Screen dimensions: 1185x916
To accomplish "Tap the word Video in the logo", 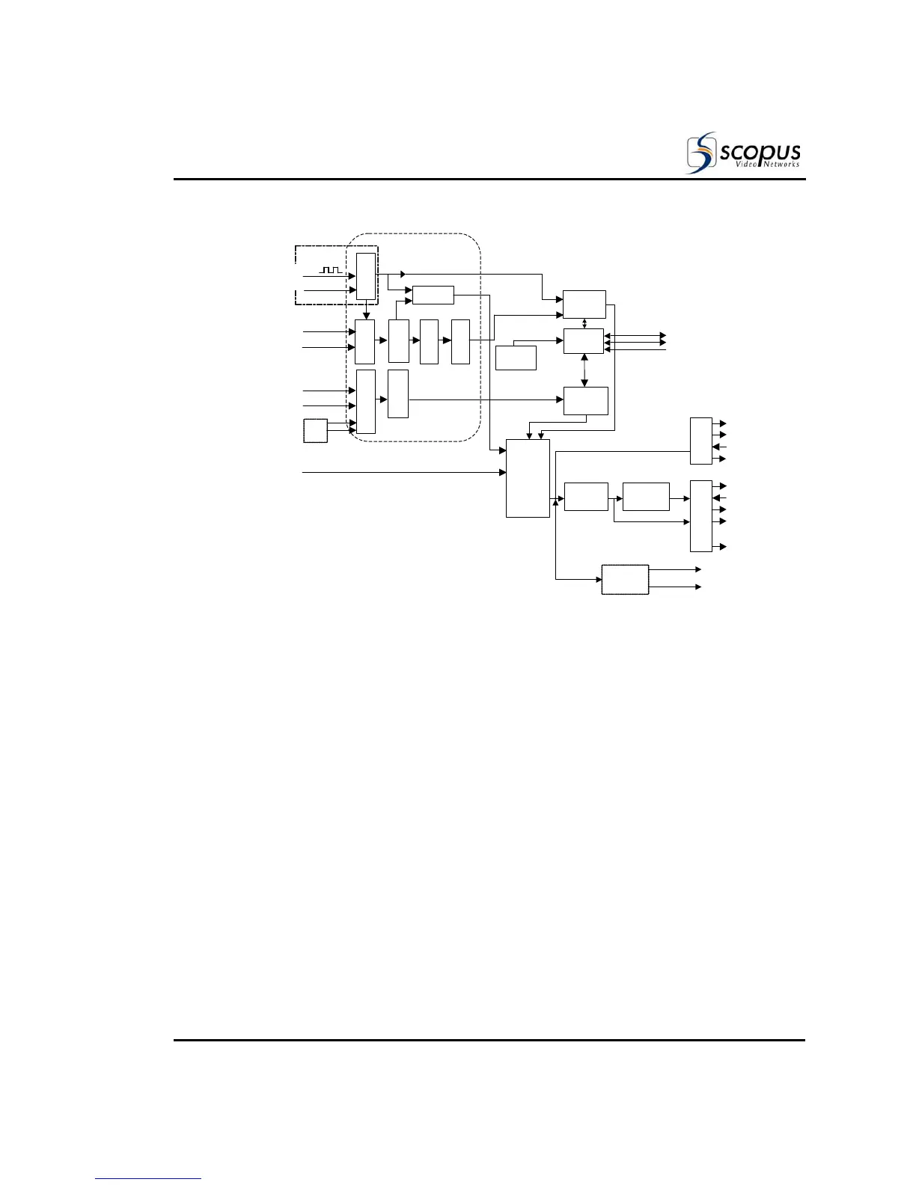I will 737,165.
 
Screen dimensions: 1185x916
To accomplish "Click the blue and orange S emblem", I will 701,153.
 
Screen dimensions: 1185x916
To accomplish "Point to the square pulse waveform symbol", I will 330,269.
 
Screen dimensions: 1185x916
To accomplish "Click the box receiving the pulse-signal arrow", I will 366,276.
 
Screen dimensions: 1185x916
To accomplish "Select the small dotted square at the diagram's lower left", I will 315,431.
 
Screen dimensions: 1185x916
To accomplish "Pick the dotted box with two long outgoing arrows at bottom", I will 625,580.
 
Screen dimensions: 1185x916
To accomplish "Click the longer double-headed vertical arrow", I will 584,370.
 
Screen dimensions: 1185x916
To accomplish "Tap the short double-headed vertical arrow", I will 584,323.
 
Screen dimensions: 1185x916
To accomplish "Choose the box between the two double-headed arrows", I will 583,341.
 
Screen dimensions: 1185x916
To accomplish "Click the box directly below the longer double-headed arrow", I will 585,401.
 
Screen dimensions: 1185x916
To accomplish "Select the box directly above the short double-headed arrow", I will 584,304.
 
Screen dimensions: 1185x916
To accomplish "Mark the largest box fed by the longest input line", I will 528,478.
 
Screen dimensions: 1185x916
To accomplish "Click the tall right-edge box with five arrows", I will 700,515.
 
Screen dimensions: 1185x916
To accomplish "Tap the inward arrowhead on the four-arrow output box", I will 717,447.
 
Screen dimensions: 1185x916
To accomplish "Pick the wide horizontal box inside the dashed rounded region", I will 433,295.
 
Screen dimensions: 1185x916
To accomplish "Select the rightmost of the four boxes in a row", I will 460,341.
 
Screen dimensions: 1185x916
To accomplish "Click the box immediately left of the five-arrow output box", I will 645,497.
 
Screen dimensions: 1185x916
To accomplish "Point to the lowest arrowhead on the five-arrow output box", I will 723,547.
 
